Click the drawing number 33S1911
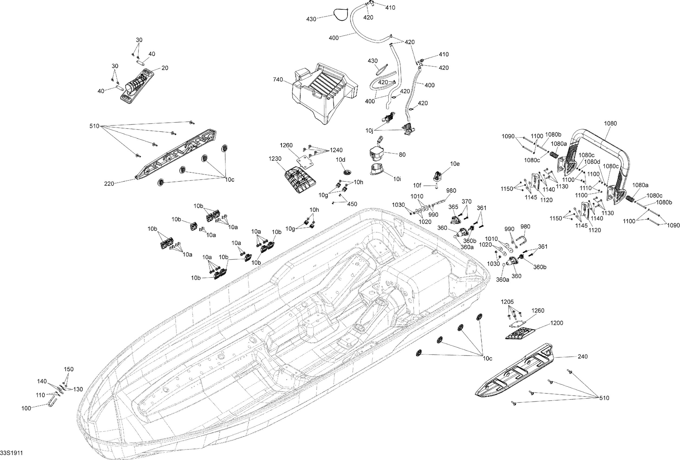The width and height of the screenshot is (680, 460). [x=11, y=453]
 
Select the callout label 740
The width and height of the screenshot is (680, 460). [x=278, y=80]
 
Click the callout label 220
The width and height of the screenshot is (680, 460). [x=109, y=184]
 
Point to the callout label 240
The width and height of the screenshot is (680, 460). [x=583, y=356]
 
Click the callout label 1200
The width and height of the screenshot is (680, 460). [x=557, y=323]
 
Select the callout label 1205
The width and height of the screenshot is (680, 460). [x=507, y=302]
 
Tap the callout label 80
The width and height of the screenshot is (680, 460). [x=402, y=155]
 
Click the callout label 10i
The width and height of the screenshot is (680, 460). [x=397, y=179]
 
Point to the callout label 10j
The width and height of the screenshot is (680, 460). [x=369, y=130]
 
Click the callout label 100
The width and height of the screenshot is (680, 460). [x=26, y=408]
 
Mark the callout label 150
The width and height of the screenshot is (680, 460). [x=69, y=369]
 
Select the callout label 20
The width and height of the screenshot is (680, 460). [x=165, y=68]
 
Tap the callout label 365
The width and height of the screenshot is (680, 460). [x=453, y=207]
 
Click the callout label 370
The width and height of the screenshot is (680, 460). [x=467, y=201]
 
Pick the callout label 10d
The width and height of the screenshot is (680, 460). [x=340, y=159]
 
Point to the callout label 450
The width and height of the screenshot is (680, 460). [x=352, y=204]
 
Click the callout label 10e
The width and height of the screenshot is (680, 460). [x=455, y=164]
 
